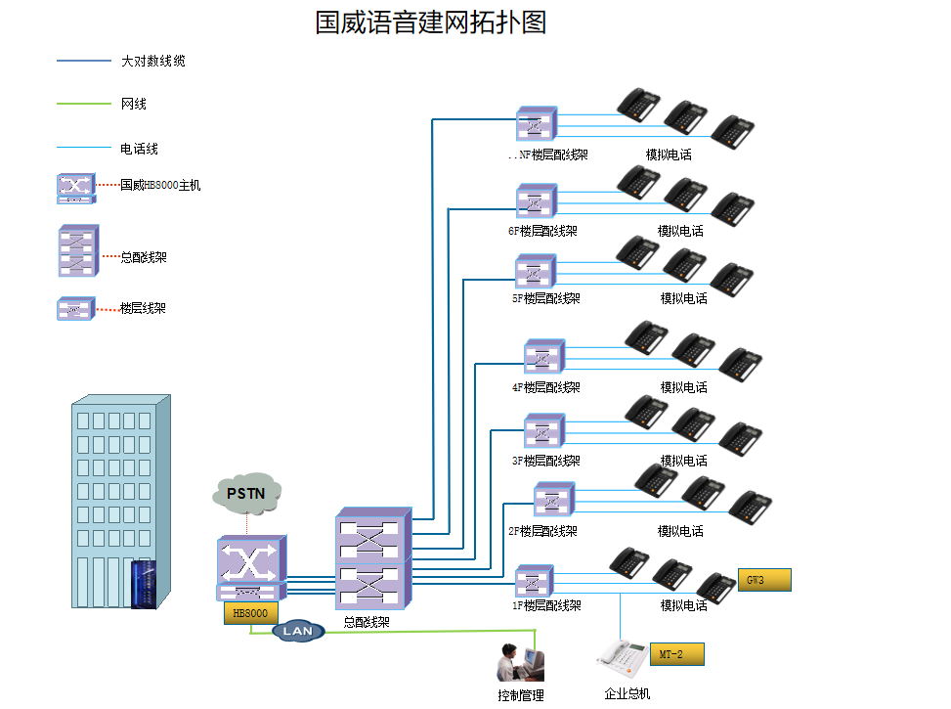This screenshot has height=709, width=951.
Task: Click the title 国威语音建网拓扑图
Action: pyautogui.click(x=430, y=22)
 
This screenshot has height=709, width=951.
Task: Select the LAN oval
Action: pyautogui.click(x=297, y=631)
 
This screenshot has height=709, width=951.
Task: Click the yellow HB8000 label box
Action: pyautogui.click(x=250, y=613)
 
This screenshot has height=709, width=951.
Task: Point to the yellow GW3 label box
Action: pyautogui.click(x=763, y=580)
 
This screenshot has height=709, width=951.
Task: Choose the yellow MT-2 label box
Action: pyautogui.click(x=676, y=654)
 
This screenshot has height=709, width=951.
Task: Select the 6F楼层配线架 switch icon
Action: pyautogui.click(x=536, y=201)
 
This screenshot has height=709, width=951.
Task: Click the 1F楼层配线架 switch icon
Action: pyautogui.click(x=534, y=581)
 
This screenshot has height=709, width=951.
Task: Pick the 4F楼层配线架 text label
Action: pyautogui.click(x=545, y=387)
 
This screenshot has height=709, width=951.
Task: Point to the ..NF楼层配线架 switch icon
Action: pyautogui.click(x=536, y=124)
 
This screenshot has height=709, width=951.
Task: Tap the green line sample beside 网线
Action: pyautogui.click(x=84, y=105)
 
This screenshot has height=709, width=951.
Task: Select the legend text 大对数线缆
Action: pyautogui.click(x=152, y=61)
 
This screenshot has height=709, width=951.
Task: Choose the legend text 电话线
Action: pyautogui.click(x=139, y=149)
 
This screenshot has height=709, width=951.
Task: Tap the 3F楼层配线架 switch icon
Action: pyautogui.click(x=543, y=431)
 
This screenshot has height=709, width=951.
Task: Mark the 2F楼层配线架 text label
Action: pyautogui.click(x=542, y=531)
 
